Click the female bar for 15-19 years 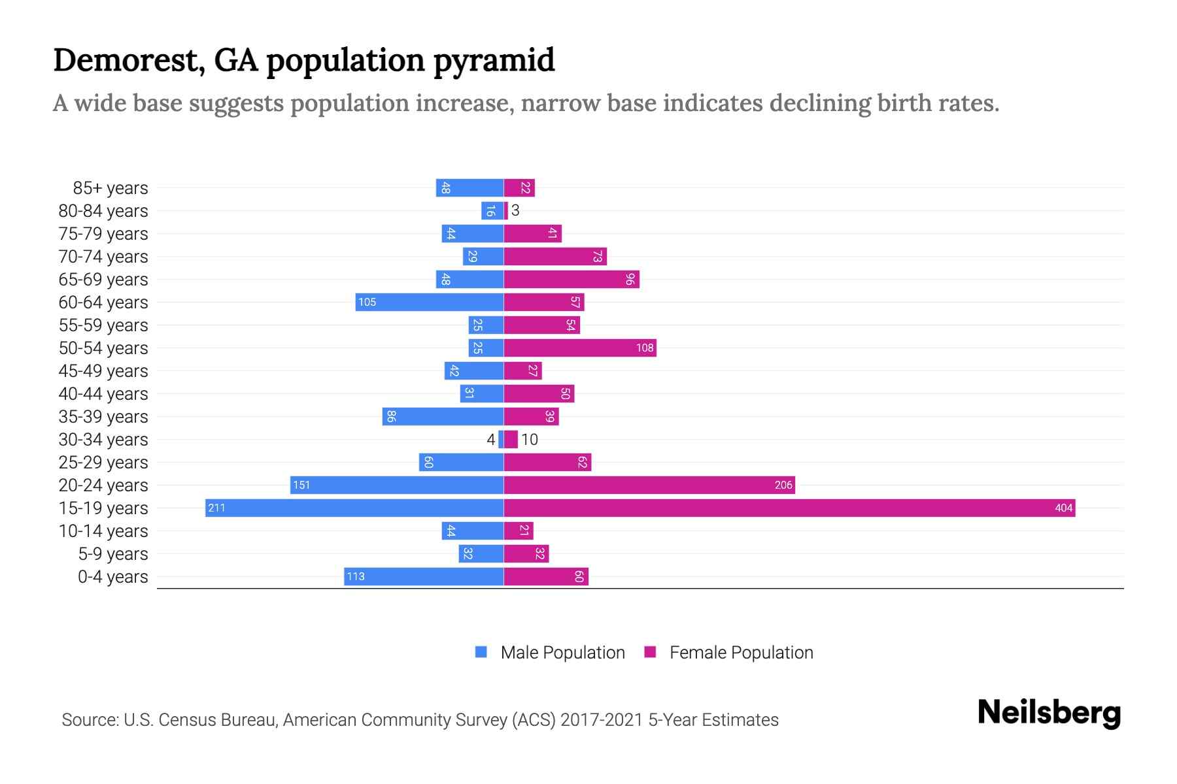click(789, 508)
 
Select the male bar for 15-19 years click(354, 508)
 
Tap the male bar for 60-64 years click(430, 302)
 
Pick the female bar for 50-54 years click(580, 348)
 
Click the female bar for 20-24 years click(649, 485)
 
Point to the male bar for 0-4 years click(424, 576)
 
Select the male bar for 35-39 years click(443, 416)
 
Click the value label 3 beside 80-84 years click(515, 210)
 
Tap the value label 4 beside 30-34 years click(490, 439)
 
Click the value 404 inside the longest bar click(1063, 508)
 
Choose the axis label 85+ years click(111, 188)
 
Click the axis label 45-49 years click(103, 371)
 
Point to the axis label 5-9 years click(113, 554)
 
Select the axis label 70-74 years click(103, 257)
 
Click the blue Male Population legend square click(481, 652)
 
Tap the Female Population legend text click(741, 652)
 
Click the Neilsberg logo click(1049, 713)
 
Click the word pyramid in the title click(494, 60)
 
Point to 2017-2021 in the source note click(602, 720)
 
